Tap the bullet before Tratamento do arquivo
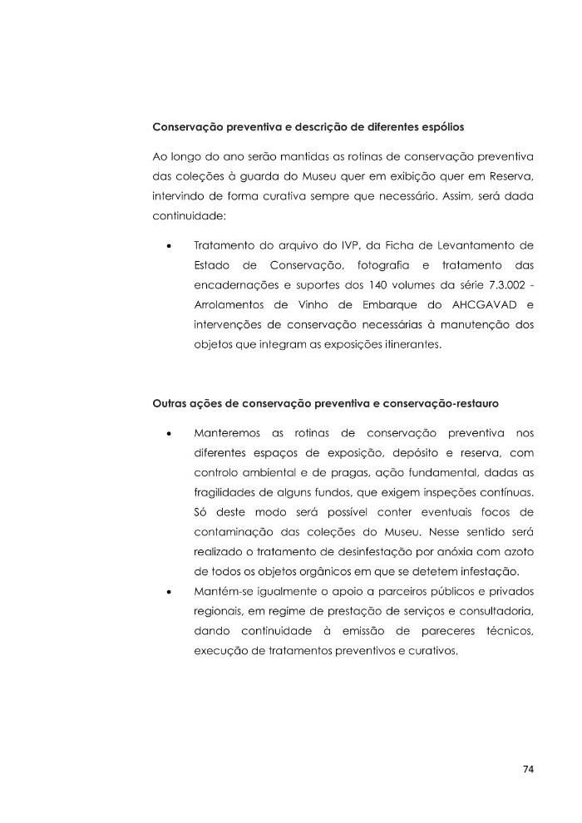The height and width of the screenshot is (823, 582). [x=169, y=248]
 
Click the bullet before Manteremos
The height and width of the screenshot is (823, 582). [x=169, y=433]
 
